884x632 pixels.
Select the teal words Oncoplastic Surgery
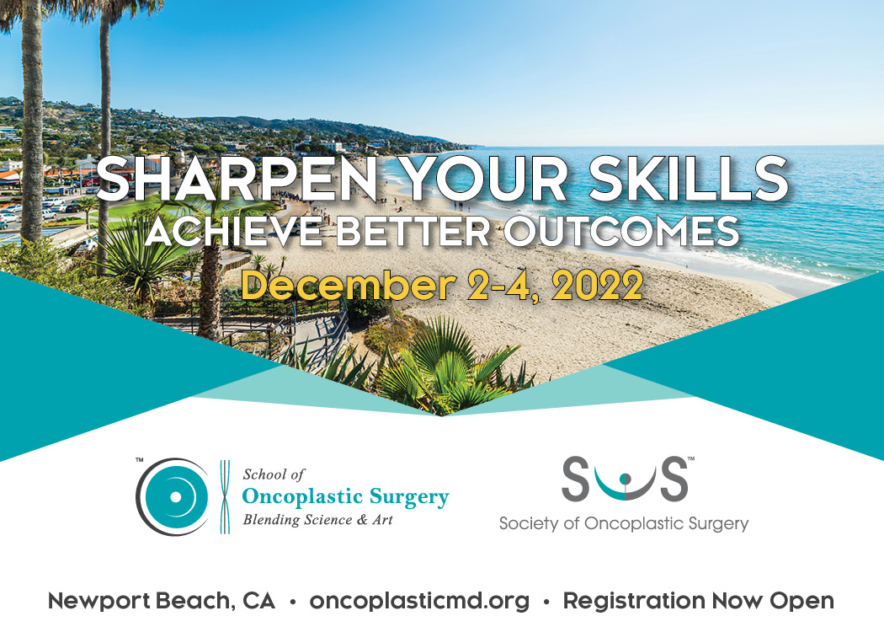click(345, 497)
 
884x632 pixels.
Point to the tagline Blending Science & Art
click(317, 520)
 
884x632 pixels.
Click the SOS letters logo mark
click(624, 480)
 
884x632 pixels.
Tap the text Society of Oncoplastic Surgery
click(623, 524)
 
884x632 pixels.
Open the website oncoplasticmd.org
click(419, 601)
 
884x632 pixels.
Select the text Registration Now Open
click(698, 601)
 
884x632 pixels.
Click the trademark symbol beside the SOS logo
click(691, 459)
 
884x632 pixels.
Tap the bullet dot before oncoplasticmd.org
click(292, 602)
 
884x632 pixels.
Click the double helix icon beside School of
click(225, 496)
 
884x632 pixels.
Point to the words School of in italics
click(274, 475)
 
